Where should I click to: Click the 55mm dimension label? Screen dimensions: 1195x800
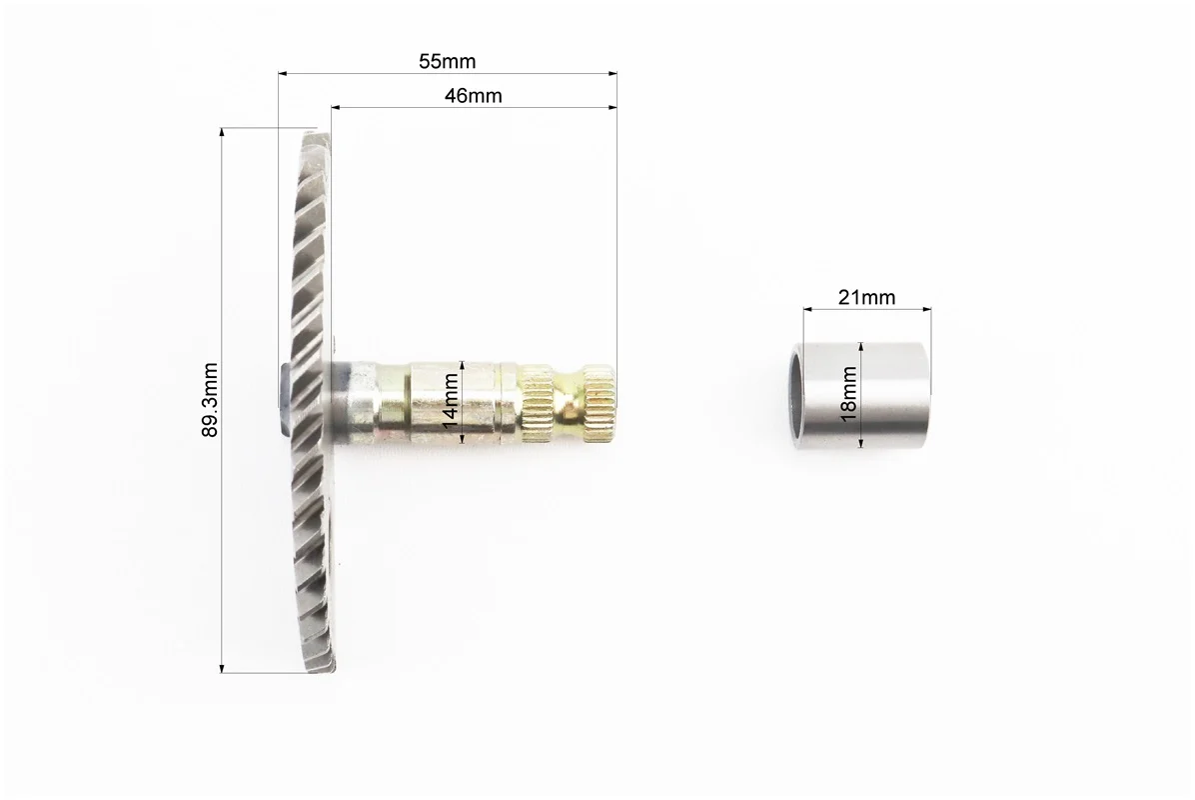(x=447, y=61)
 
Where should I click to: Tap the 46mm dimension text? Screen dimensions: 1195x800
(x=474, y=95)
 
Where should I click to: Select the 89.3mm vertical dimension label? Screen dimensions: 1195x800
(x=210, y=400)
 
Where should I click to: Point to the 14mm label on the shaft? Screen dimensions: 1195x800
(x=451, y=401)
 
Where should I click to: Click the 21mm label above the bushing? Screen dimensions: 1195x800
(x=866, y=297)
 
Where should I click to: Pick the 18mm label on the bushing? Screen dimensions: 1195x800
(x=848, y=394)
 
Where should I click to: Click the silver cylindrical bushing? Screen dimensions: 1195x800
(x=859, y=395)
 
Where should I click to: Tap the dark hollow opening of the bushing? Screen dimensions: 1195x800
(x=795, y=396)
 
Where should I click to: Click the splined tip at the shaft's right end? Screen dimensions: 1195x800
(x=599, y=403)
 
